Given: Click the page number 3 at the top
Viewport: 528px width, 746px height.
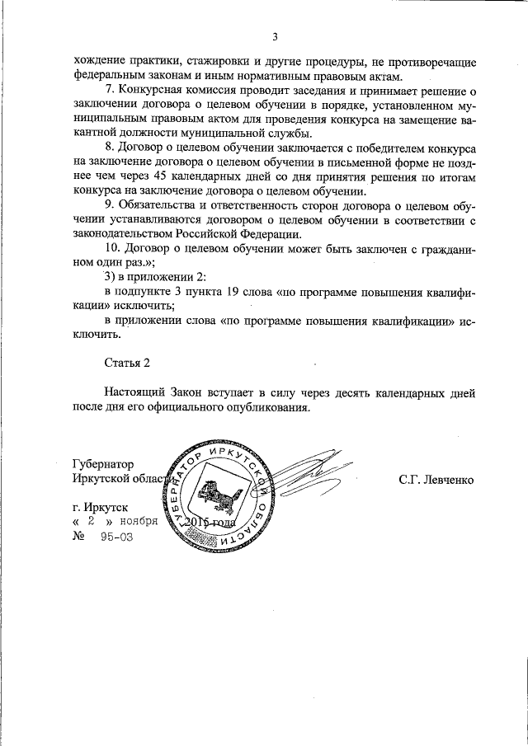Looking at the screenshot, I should tap(275, 35).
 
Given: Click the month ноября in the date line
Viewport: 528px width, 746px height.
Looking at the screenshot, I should tap(137, 523).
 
